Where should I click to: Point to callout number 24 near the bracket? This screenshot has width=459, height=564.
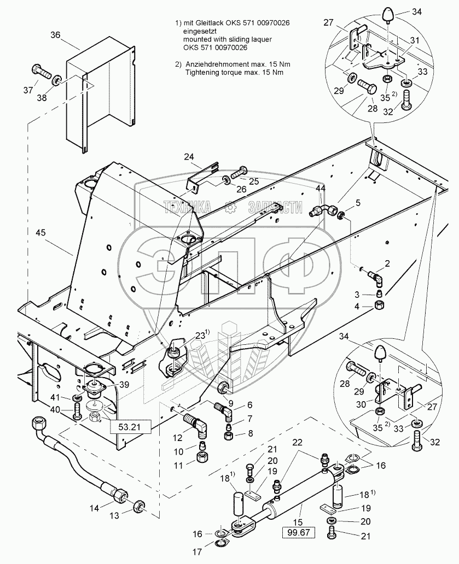tap(188, 157)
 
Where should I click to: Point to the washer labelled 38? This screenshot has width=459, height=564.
tap(57, 82)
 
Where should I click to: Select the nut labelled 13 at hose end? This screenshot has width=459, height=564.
tap(140, 507)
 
